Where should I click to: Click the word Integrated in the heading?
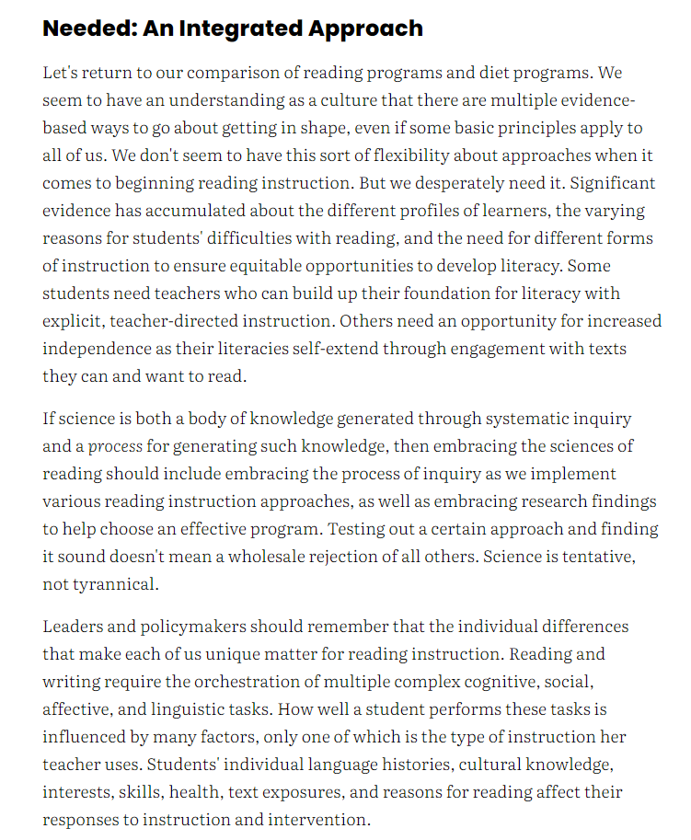click(234, 28)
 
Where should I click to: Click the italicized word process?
click(115, 447)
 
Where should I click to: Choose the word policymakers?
click(197, 627)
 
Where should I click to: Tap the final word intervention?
click(319, 821)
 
